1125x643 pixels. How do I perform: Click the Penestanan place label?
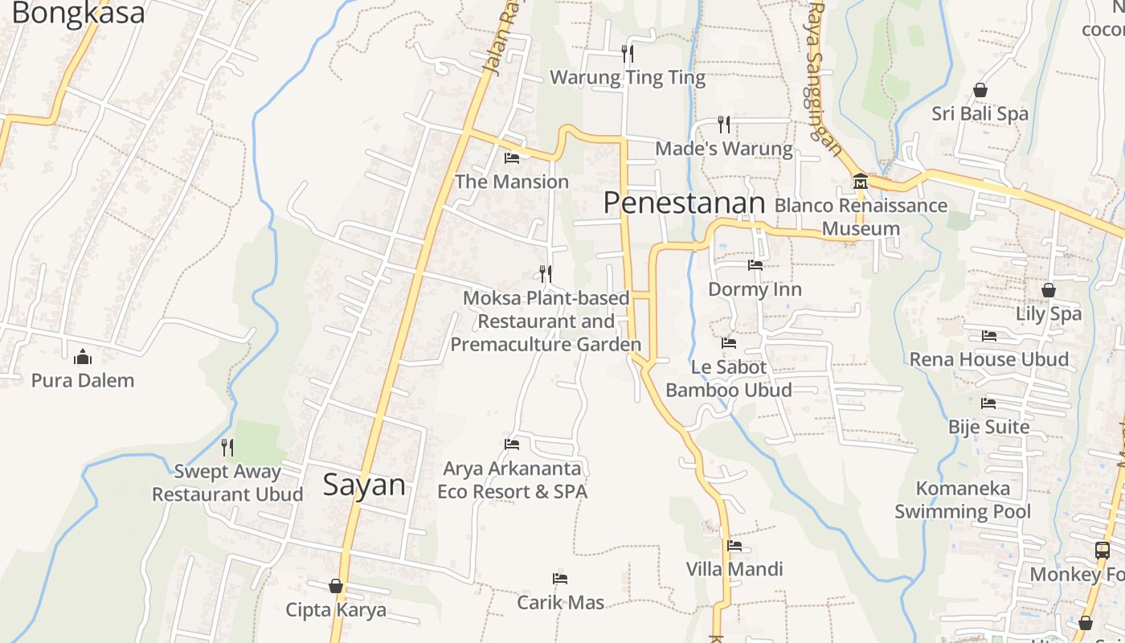(x=684, y=203)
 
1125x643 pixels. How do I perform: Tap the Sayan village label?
(x=364, y=485)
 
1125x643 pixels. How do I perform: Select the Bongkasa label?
(x=79, y=13)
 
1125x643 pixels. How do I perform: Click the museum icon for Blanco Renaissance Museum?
(x=861, y=181)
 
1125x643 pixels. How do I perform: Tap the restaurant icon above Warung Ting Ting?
(x=628, y=53)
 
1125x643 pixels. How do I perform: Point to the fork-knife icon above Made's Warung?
(x=724, y=124)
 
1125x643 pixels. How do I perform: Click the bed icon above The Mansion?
(x=512, y=158)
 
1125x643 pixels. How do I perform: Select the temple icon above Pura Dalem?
(x=83, y=357)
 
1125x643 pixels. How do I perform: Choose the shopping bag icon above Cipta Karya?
(x=336, y=587)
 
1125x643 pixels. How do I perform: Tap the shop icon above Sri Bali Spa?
(x=980, y=90)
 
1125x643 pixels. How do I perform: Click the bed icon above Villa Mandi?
(x=734, y=546)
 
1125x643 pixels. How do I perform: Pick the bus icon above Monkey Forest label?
(x=1102, y=551)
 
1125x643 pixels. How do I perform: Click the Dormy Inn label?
(x=755, y=289)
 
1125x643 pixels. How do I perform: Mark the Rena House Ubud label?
(x=989, y=359)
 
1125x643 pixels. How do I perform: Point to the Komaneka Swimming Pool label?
(x=963, y=500)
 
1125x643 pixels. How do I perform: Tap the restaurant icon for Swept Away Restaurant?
(x=227, y=447)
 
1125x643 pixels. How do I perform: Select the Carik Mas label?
(x=560, y=602)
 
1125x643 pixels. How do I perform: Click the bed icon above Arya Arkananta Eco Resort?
(x=512, y=444)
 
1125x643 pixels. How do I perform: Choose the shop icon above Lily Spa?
(x=1049, y=290)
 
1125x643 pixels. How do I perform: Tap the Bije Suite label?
(x=988, y=427)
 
